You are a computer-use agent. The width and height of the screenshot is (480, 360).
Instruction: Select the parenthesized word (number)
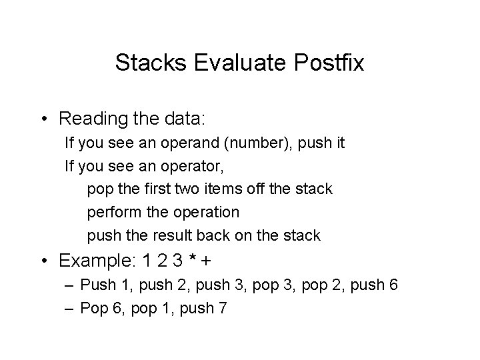point(245,144)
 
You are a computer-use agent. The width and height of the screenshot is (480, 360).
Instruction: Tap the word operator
point(183,167)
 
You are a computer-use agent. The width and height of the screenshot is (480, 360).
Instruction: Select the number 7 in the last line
point(221,308)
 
